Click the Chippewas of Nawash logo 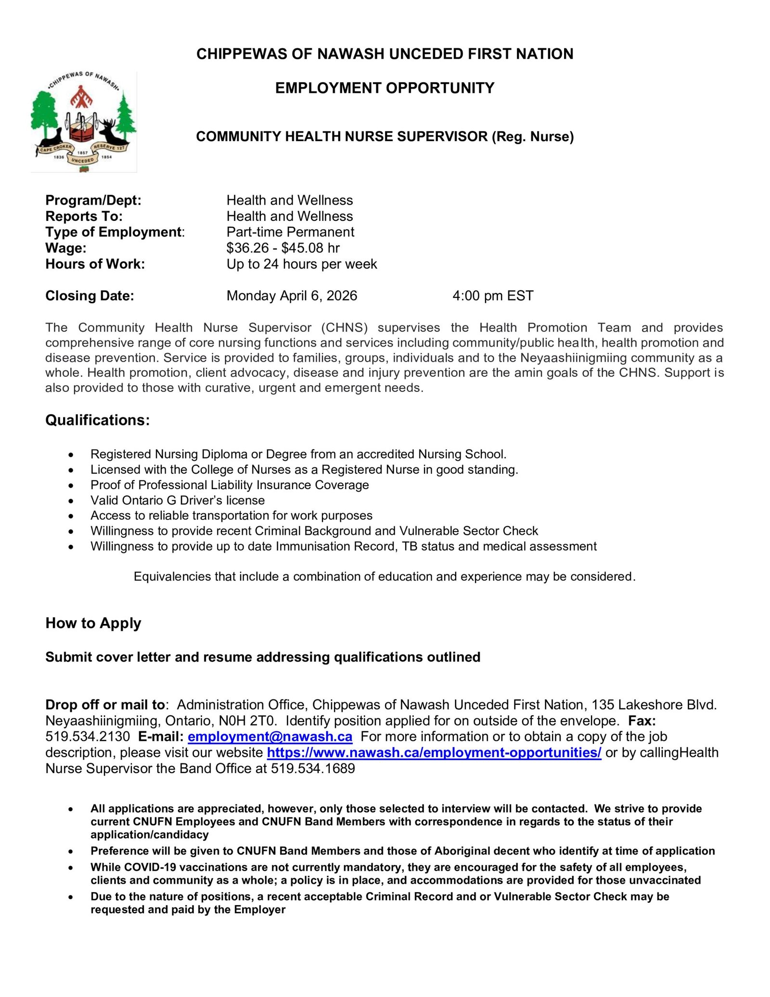tap(84, 122)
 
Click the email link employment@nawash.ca tap(269, 737)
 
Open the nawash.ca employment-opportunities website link tap(434, 752)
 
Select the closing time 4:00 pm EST tap(492, 296)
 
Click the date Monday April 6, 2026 tap(292, 296)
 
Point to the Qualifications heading tap(97, 420)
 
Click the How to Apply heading tap(93, 623)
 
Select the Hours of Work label tap(95, 264)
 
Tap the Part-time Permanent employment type tap(290, 232)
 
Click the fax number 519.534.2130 tap(88, 737)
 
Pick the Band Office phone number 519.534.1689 tap(313, 768)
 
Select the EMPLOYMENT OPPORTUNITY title tap(385, 88)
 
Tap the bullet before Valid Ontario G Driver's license tap(71, 501)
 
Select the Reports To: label tap(84, 216)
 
